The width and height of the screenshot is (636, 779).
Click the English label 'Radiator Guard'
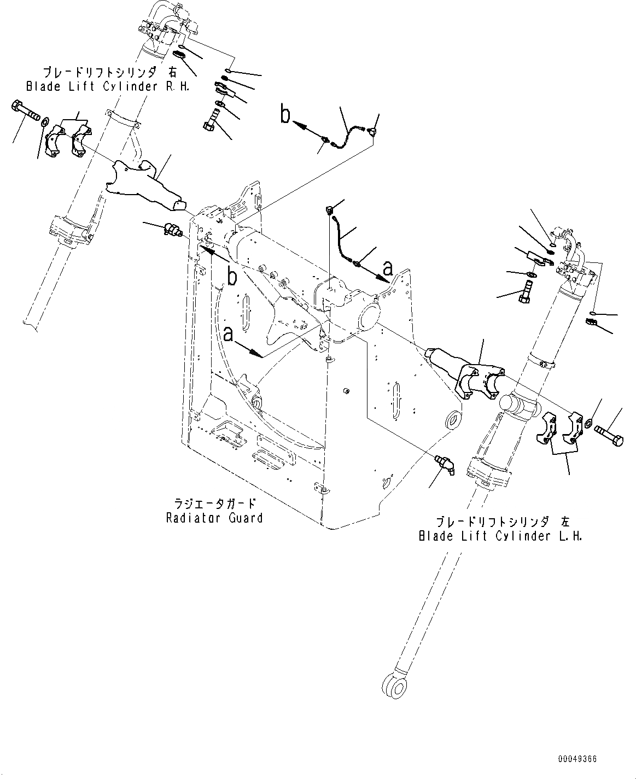coord(214,518)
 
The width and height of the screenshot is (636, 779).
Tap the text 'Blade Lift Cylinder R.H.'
coord(107,86)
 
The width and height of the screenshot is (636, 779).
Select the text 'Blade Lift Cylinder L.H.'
coord(500,536)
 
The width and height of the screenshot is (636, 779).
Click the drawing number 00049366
coord(577,759)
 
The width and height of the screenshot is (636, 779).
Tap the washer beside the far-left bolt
coord(45,120)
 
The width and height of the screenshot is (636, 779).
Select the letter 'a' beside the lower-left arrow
coord(229,333)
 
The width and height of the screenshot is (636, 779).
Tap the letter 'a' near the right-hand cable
coord(388,268)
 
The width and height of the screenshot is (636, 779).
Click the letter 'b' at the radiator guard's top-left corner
coord(232,278)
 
